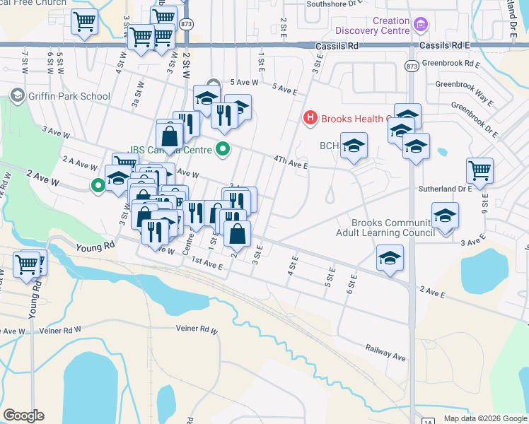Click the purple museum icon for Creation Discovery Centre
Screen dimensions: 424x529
click(x=421, y=25)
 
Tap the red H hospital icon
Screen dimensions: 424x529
click(x=309, y=118)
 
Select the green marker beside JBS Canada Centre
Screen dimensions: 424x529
click(x=223, y=149)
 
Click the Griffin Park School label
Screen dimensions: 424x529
click(x=69, y=96)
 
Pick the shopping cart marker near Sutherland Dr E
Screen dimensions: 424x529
click(x=479, y=170)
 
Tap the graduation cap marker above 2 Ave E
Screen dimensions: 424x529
click(x=389, y=258)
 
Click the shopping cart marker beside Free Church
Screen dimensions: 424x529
click(x=84, y=22)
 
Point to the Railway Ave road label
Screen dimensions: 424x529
click(x=385, y=352)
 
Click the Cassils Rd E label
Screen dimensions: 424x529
click(x=448, y=45)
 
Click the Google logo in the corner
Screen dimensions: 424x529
click(x=23, y=415)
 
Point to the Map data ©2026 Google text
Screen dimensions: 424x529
click(x=484, y=418)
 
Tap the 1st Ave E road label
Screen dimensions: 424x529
click(x=207, y=266)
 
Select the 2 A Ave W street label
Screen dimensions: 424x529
click(x=79, y=164)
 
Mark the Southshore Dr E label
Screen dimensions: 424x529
click(x=332, y=4)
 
